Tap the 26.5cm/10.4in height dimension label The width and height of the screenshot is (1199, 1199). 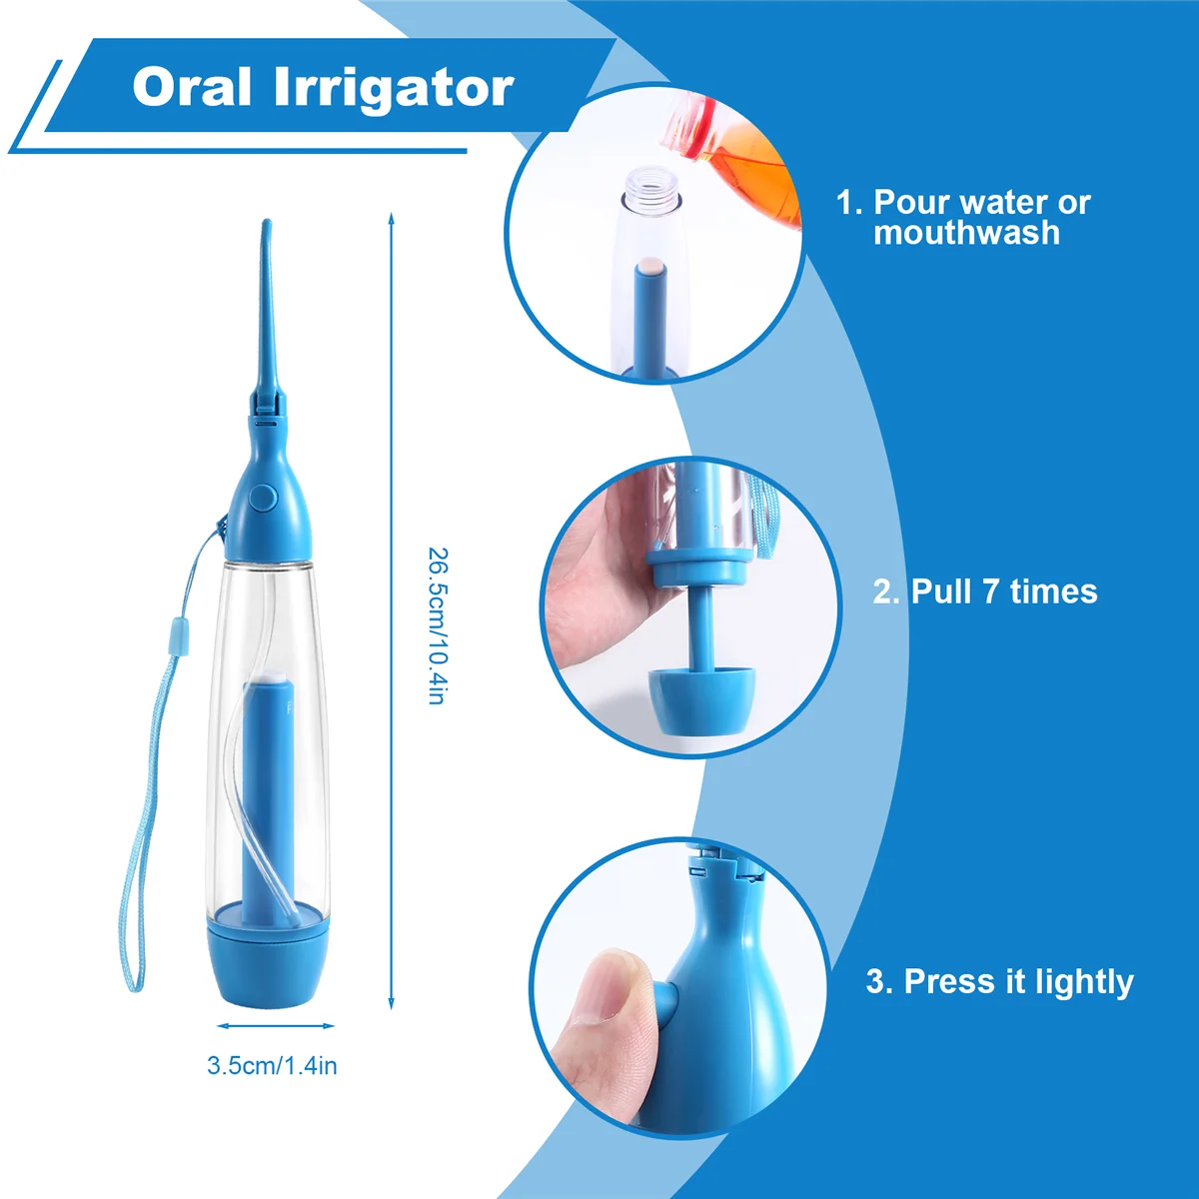click(x=436, y=624)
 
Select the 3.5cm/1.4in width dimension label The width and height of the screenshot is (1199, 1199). click(x=272, y=1066)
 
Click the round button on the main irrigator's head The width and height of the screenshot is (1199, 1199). click(x=264, y=498)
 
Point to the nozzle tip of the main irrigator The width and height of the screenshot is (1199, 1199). click(x=266, y=226)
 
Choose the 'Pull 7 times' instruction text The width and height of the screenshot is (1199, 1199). click(x=985, y=592)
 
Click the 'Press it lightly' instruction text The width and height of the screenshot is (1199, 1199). click(x=999, y=981)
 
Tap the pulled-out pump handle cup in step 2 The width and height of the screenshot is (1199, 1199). click(x=700, y=696)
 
